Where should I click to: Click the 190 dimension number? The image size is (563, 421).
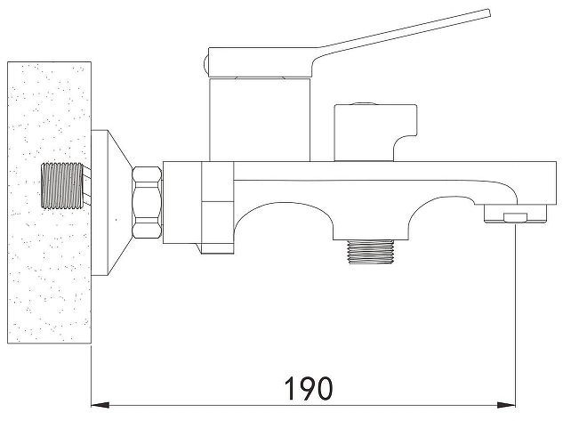point(309,388)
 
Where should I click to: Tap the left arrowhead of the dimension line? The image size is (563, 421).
point(101,405)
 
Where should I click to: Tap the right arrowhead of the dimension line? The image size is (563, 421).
point(507,405)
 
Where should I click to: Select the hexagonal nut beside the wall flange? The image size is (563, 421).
point(147,203)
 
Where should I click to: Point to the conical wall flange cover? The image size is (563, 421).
point(110,203)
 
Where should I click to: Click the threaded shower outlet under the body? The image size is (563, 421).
point(371,252)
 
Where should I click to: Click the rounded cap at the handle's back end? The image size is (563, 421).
point(206,64)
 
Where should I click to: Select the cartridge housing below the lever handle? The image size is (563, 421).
point(260,119)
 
